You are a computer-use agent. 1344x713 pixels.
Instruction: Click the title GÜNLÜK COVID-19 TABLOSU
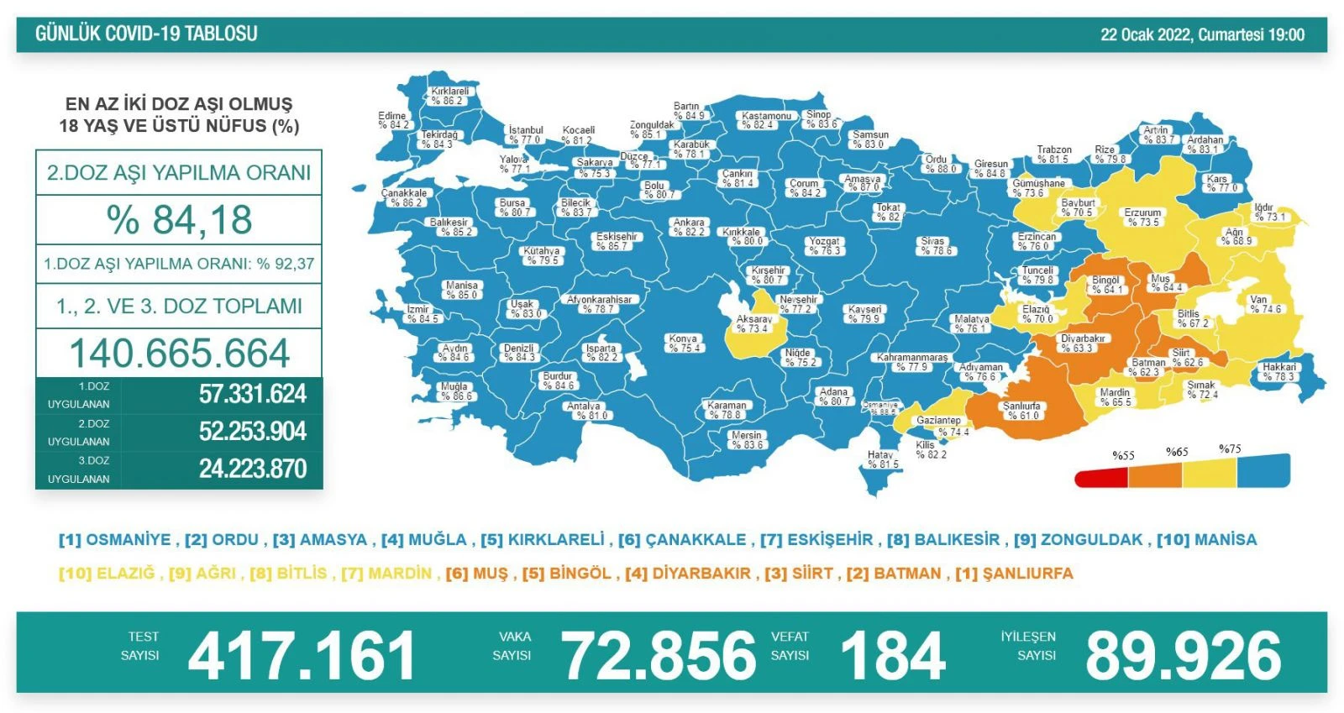[146, 34]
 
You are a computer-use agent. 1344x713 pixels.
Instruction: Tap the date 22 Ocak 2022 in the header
[1147, 34]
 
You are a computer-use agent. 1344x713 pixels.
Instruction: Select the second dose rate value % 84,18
[179, 220]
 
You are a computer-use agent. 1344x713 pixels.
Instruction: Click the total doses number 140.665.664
[179, 354]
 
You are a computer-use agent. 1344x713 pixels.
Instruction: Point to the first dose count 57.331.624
[252, 394]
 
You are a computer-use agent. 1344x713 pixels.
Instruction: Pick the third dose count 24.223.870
[252, 469]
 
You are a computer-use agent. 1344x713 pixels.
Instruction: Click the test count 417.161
[302, 656]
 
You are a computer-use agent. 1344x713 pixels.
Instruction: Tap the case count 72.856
[659, 656]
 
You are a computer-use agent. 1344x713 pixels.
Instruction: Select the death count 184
[892, 656]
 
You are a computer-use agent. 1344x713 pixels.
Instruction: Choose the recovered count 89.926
[1183, 656]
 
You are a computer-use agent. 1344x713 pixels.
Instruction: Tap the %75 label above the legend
[1230, 448]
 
